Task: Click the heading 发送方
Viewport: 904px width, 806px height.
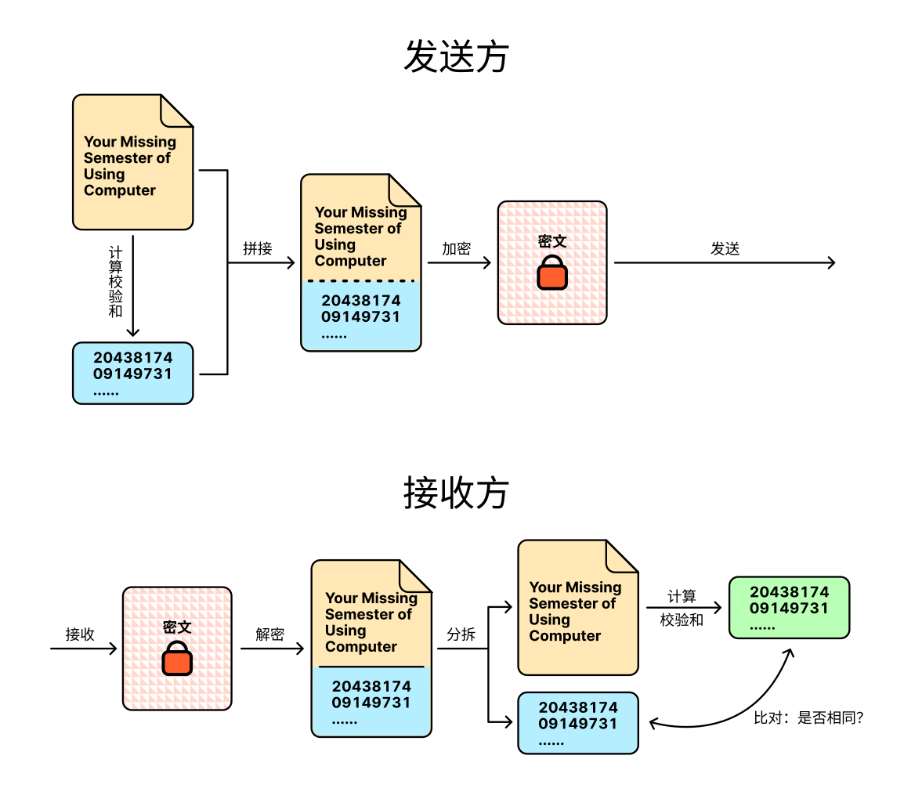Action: (x=456, y=57)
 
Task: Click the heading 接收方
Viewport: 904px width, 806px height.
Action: (x=456, y=493)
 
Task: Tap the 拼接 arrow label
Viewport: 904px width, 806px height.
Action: (x=258, y=248)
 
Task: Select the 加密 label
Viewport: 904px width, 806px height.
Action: (x=456, y=248)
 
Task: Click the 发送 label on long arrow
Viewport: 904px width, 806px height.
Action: (x=725, y=248)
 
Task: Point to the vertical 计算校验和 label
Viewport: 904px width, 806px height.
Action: (x=115, y=282)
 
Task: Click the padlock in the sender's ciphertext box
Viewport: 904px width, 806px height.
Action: (x=552, y=272)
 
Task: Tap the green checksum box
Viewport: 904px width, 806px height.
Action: (x=789, y=607)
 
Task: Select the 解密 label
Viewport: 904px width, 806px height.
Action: (x=269, y=634)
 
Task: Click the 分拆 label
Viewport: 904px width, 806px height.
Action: (x=461, y=634)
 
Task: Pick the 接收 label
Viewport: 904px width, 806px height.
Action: (x=80, y=634)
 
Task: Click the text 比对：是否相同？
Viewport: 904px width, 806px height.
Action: (x=808, y=717)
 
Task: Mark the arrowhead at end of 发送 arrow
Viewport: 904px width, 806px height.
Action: (x=832, y=263)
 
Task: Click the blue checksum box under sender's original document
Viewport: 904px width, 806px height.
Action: (x=132, y=373)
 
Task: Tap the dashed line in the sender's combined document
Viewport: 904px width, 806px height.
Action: (x=361, y=280)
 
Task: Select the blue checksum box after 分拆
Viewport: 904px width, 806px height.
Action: (x=577, y=723)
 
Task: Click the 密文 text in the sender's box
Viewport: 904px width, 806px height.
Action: (x=552, y=241)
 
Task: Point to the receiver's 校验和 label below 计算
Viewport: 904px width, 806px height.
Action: (x=682, y=620)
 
